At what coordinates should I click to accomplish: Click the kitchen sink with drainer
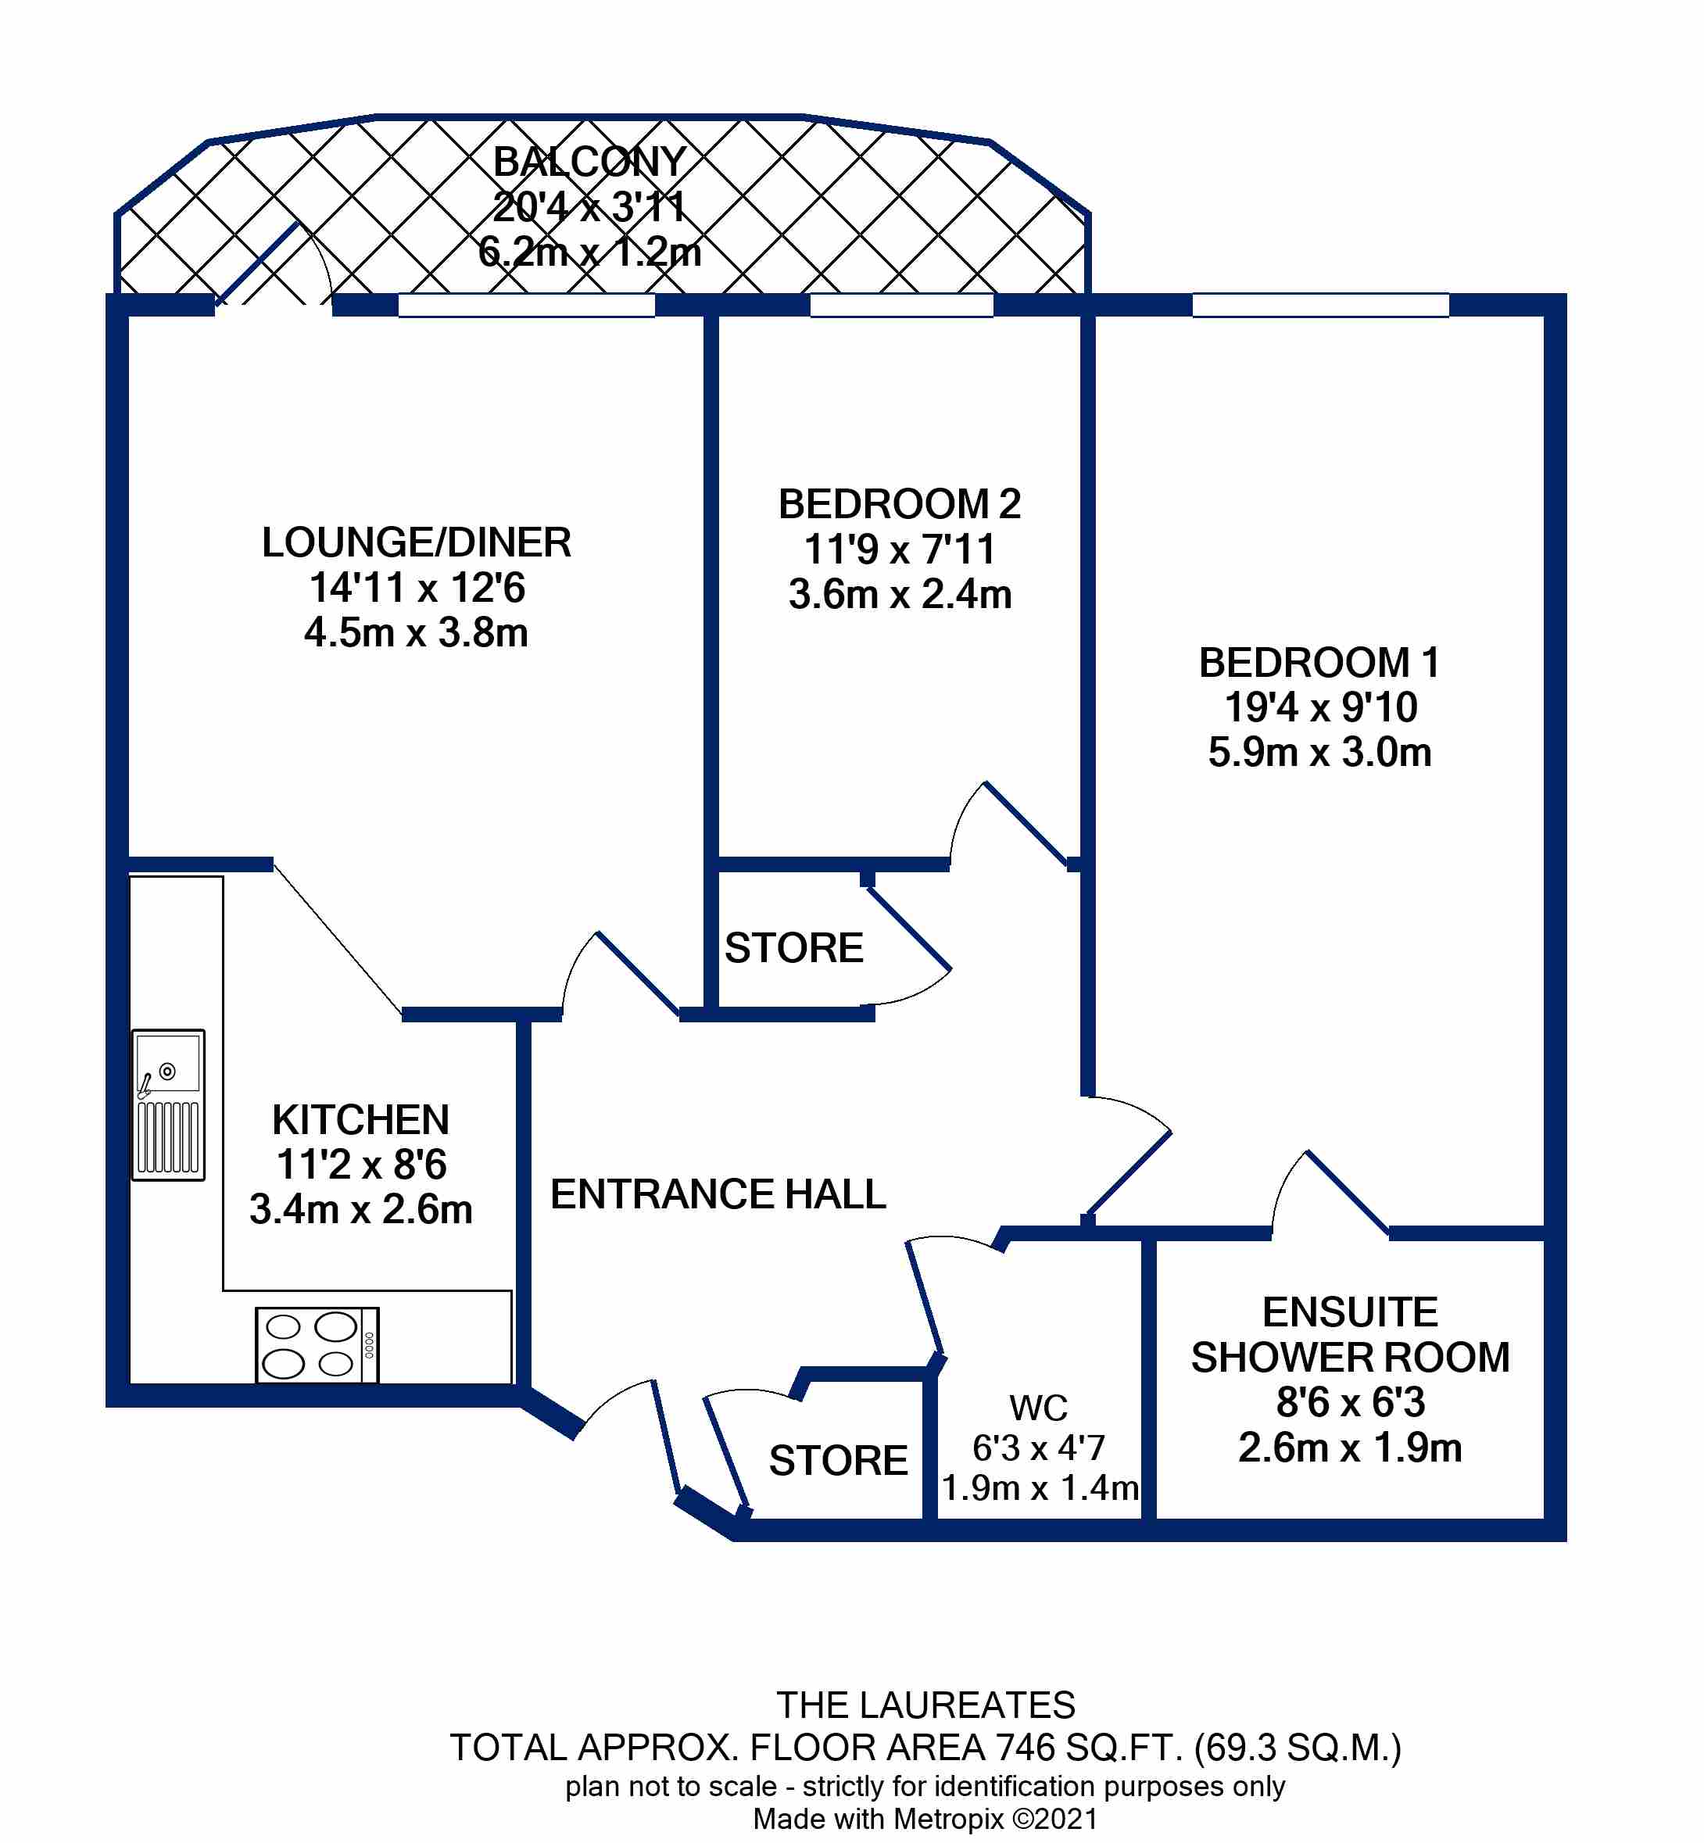[x=168, y=1104]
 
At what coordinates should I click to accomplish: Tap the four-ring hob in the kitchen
[x=317, y=1344]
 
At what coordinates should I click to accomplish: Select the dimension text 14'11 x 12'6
[x=417, y=587]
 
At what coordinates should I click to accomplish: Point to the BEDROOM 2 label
[x=899, y=504]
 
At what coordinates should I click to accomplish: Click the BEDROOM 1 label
[x=1319, y=663]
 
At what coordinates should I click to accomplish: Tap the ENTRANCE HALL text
[x=718, y=1194]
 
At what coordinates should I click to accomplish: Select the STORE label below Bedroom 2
[x=793, y=948]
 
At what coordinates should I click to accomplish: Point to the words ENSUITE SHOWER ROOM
[x=1349, y=1334]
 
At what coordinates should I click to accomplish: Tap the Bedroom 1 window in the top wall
[x=1319, y=305]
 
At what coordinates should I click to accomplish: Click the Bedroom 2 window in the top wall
[x=901, y=305]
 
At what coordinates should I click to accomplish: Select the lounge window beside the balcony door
[x=525, y=305]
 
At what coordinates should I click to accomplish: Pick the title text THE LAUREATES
[x=925, y=1705]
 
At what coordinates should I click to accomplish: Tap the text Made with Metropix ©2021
[x=925, y=1819]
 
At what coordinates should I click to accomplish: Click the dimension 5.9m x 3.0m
[x=1319, y=753]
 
